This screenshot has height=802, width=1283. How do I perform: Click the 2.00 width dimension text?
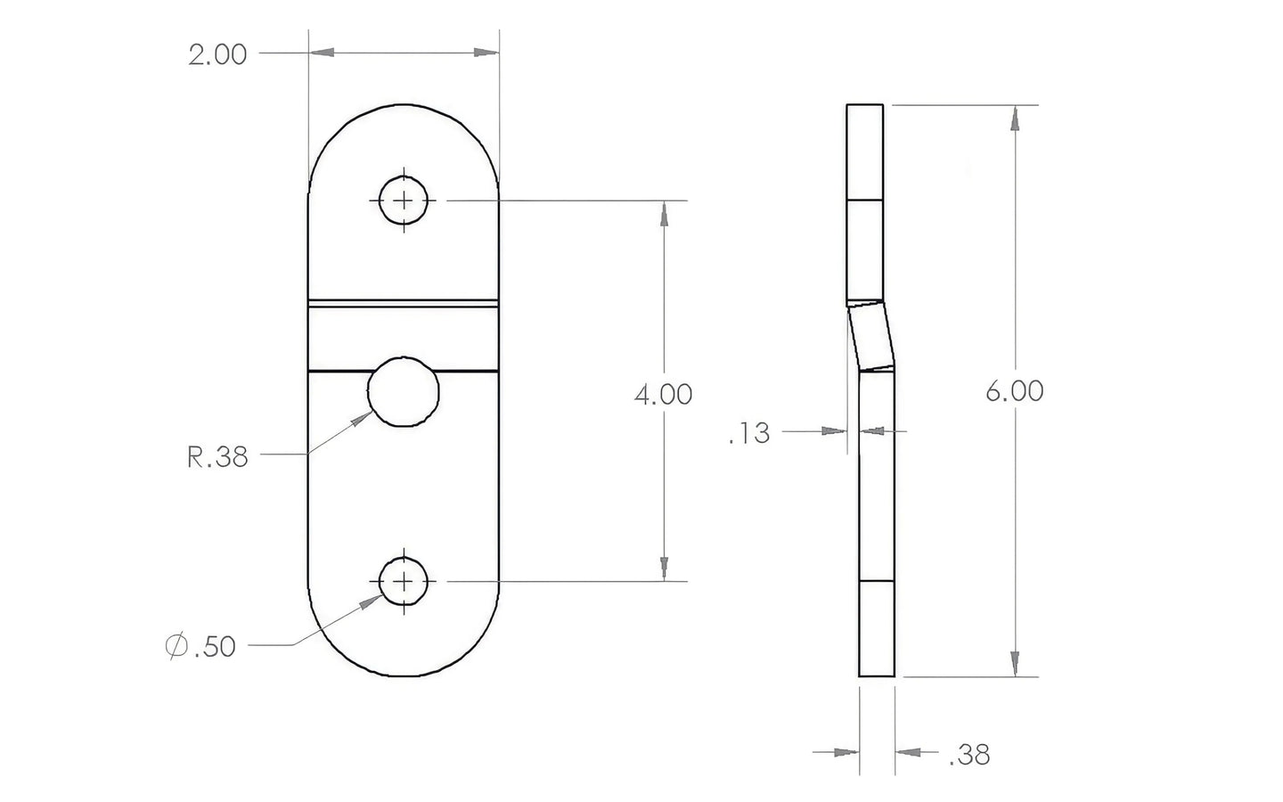[x=217, y=55]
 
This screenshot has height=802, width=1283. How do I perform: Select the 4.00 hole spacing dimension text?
[x=663, y=395]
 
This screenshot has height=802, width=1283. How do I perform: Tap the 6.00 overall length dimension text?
[x=1014, y=391]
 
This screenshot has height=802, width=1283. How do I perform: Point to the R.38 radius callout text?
[x=217, y=457]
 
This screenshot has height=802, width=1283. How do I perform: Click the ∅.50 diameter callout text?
[x=200, y=646]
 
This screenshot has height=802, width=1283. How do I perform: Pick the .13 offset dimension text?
[x=749, y=433]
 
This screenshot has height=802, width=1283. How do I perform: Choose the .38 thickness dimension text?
[x=969, y=755]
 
